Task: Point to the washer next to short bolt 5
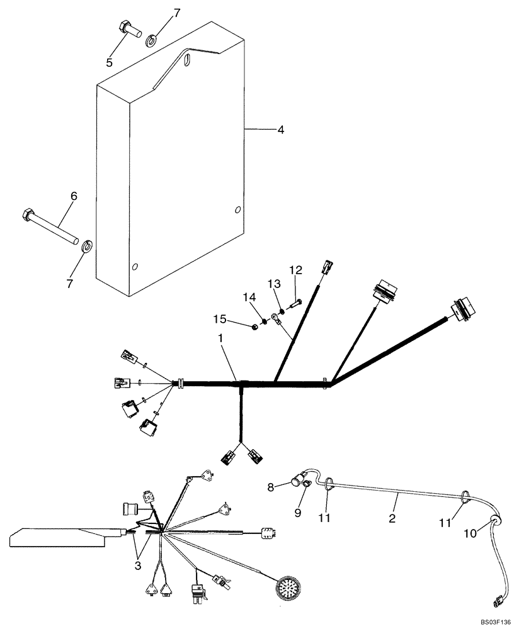click(152, 42)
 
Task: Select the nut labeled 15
click(254, 327)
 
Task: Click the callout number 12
click(295, 270)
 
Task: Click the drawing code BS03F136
click(494, 622)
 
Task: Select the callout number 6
click(74, 196)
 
